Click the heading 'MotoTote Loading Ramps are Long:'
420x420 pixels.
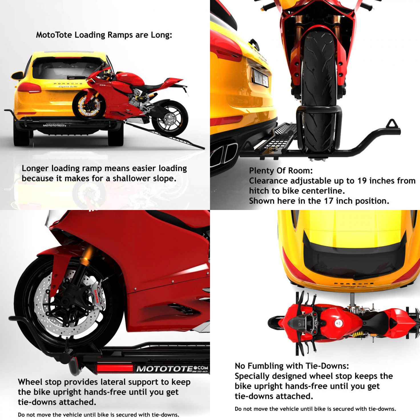[104, 35]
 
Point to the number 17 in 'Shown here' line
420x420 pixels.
[328, 201]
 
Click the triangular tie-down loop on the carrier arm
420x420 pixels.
[393, 124]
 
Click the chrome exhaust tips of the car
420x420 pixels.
[225, 153]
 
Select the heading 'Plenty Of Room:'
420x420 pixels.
[281, 171]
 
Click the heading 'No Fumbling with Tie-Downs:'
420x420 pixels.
[292, 366]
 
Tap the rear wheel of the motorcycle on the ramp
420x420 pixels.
[170, 118]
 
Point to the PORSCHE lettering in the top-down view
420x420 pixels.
[354, 284]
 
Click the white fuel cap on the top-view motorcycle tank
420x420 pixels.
[338, 323]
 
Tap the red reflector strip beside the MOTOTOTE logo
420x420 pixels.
[115, 368]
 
